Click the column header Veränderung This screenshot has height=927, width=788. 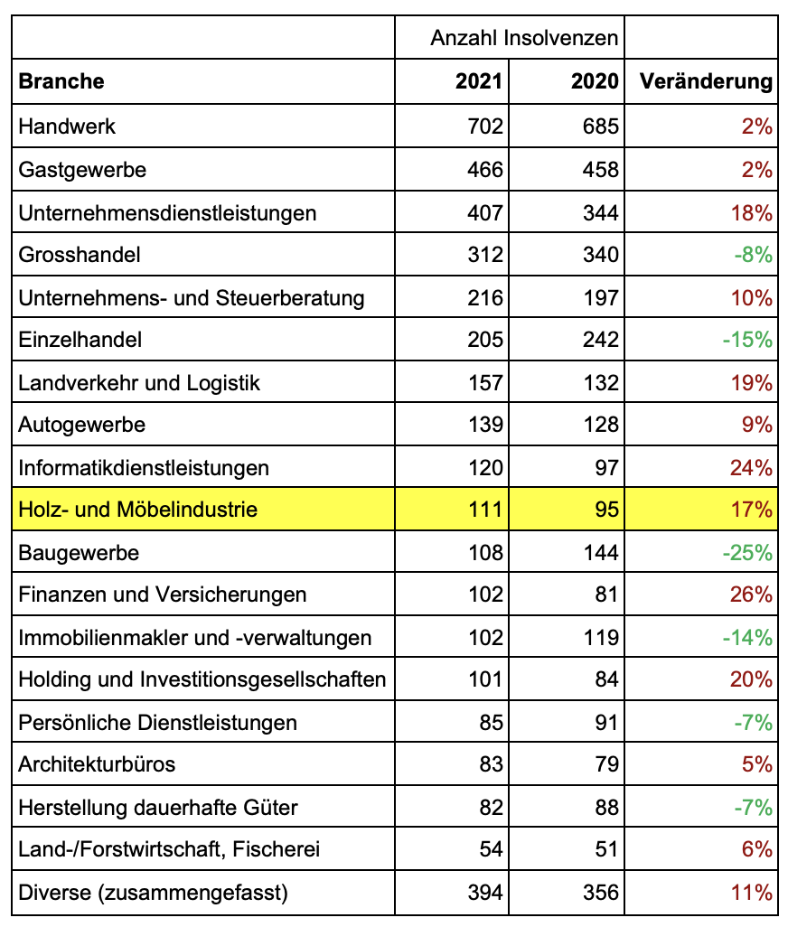click(x=706, y=81)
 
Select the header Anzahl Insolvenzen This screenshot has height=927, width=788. click(x=524, y=38)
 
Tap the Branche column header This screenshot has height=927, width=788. click(x=61, y=81)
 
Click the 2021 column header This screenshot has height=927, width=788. click(x=479, y=81)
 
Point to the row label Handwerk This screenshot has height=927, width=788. click(x=67, y=126)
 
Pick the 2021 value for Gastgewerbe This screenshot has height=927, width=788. click(x=485, y=170)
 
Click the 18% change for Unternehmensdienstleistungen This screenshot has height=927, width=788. click(x=752, y=213)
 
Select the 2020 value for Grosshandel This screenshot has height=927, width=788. click(x=601, y=255)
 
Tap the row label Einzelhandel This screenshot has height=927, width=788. click(x=80, y=340)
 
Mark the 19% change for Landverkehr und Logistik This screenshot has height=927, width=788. click(x=752, y=383)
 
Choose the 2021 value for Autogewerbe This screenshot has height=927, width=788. click(x=485, y=425)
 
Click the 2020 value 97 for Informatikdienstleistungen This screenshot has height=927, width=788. click(x=607, y=468)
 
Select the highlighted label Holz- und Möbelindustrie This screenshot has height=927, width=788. click(x=137, y=510)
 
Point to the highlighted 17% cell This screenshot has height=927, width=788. click(x=752, y=510)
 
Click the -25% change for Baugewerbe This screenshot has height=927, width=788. click(x=747, y=552)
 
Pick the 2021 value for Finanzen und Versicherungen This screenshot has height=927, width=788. click(x=485, y=595)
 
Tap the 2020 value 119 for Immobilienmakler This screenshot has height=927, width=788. click(x=601, y=638)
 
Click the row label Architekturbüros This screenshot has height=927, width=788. click(x=97, y=764)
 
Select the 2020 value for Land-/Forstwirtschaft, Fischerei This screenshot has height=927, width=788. click(x=607, y=849)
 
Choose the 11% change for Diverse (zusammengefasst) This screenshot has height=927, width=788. click(x=752, y=893)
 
